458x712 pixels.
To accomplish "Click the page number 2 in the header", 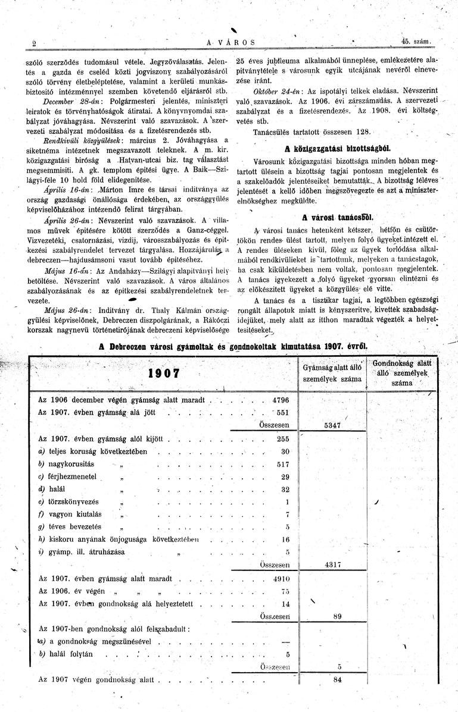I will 35,43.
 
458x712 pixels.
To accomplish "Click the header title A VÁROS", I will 230,43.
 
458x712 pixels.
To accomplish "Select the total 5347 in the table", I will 332,426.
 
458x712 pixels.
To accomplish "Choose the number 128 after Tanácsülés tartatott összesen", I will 363,131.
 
